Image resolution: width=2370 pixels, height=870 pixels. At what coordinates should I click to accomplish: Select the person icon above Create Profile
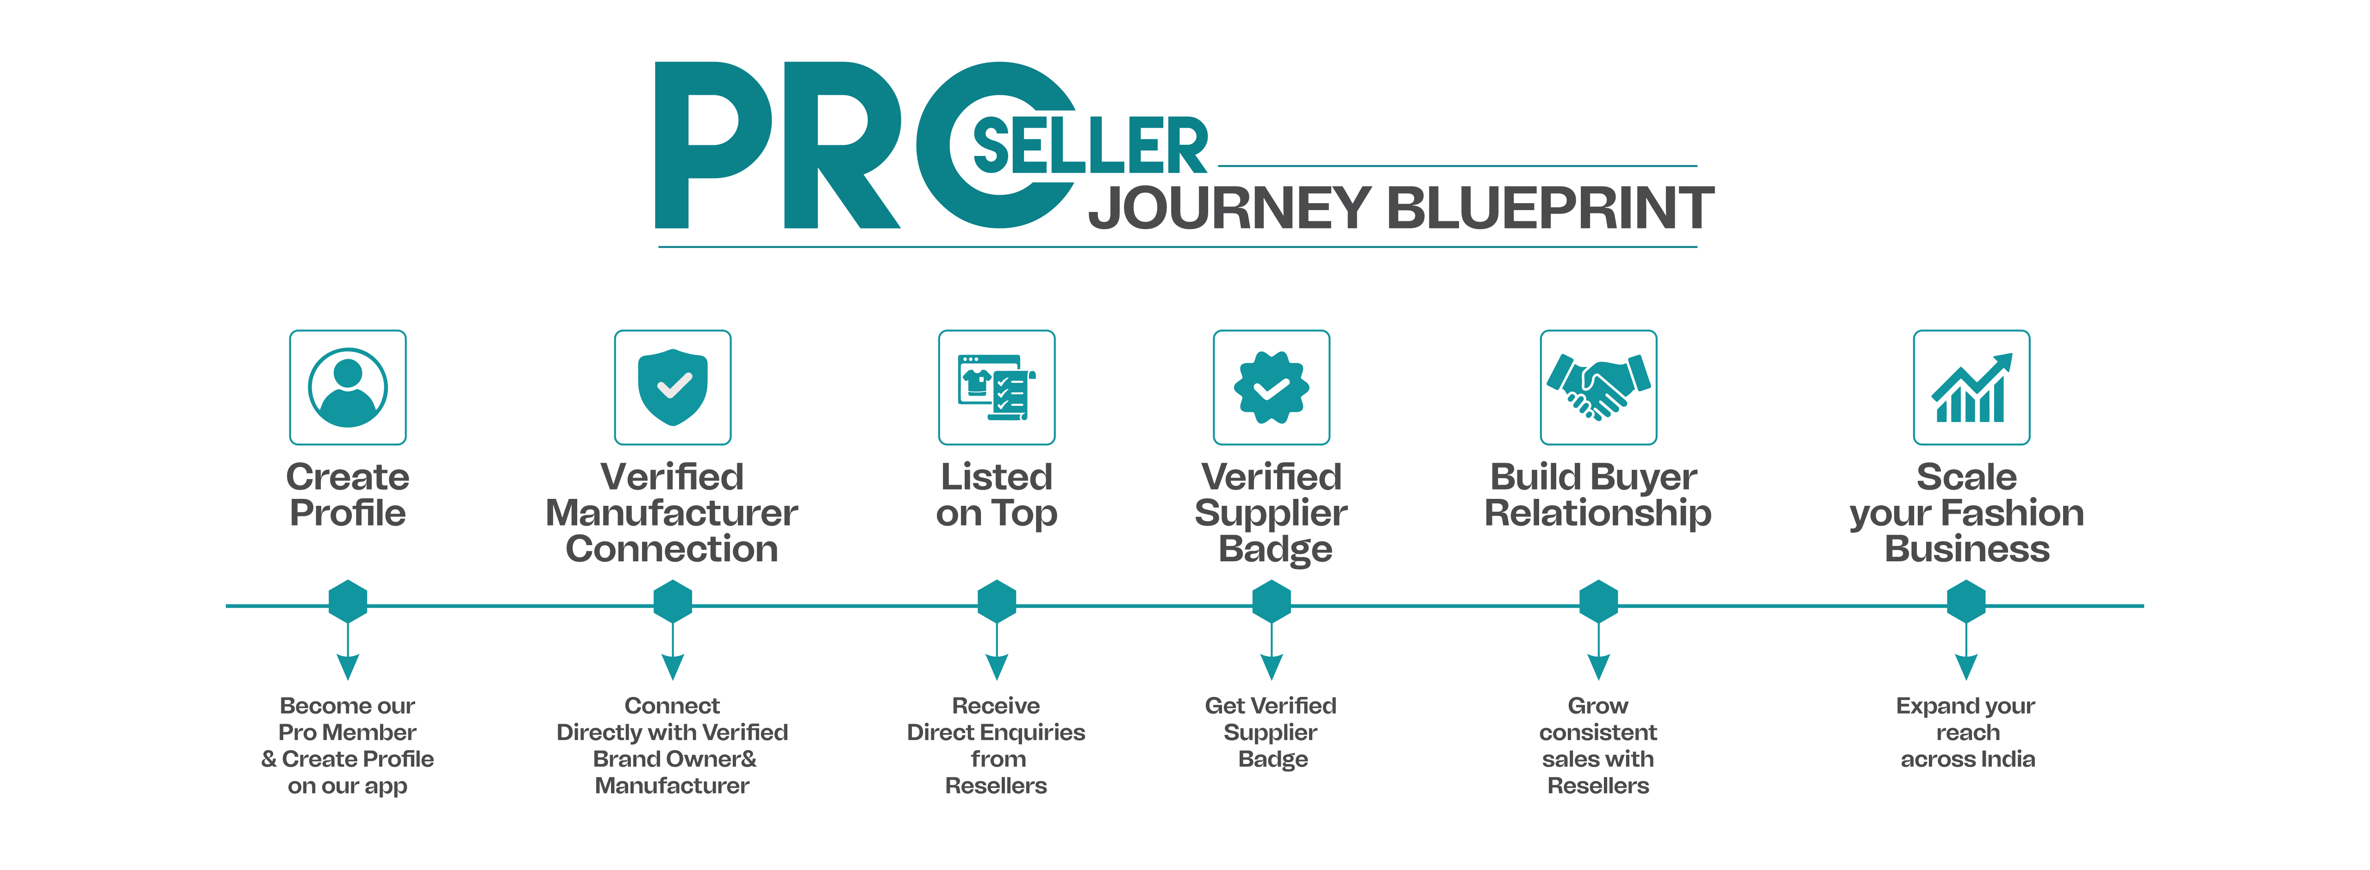(x=348, y=387)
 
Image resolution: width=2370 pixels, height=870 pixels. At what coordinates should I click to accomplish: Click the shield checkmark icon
(x=673, y=387)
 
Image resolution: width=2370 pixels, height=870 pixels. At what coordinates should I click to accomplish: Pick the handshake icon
(x=1598, y=387)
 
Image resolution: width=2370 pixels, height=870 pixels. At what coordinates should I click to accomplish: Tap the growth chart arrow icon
(x=1971, y=387)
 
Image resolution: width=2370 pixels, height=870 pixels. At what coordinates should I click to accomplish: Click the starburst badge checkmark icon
(x=1272, y=387)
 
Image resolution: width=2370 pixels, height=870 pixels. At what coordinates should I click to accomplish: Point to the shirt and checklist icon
(x=997, y=387)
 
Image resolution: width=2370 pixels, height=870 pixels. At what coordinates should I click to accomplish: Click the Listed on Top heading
(x=997, y=495)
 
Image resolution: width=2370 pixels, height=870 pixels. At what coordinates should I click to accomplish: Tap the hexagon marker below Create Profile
(x=348, y=602)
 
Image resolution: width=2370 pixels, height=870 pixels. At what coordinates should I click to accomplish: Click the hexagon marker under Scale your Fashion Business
(x=1966, y=602)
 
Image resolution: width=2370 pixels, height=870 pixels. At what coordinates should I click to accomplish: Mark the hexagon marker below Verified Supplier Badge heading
(x=1272, y=602)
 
